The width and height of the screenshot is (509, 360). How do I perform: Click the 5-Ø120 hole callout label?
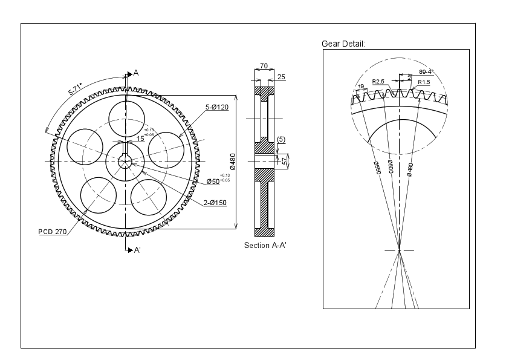coord(216,107)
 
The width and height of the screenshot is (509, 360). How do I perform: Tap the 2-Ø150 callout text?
coord(215,203)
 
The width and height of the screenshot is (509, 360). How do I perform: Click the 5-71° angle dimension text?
coord(76,90)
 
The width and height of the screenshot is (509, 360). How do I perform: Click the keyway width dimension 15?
coord(140,139)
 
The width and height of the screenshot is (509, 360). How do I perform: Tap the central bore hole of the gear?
coord(125,162)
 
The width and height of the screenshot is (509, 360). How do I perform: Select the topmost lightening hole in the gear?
coord(126,119)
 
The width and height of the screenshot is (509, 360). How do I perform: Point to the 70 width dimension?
coord(264,65)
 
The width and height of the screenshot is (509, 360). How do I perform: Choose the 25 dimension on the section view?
coord(281,77)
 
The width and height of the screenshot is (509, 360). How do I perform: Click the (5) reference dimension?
coord(281,140)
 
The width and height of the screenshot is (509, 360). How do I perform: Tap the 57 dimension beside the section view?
coord(285,160)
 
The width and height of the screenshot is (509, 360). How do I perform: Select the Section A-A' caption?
coord(265,245)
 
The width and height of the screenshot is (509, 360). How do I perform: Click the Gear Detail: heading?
coord(343,44)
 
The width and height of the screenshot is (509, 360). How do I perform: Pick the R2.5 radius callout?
coord(378,81)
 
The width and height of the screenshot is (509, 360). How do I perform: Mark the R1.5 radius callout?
coord(424,82)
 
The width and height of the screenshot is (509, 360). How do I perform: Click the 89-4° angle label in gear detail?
coord(426,71)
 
